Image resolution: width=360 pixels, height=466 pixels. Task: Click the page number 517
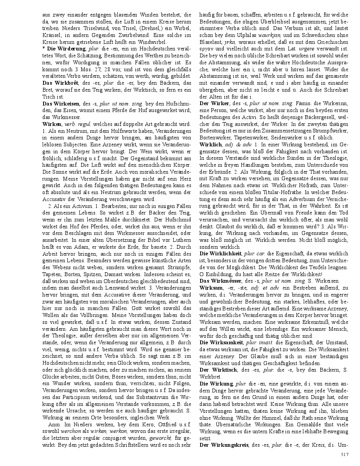point(345,454)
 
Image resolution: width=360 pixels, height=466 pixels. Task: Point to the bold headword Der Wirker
point(214,103)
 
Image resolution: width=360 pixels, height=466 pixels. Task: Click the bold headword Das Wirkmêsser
point(220,281)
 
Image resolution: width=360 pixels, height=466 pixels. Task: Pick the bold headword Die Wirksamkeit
point(221,342)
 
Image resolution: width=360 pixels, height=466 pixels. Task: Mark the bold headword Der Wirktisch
point(218,370)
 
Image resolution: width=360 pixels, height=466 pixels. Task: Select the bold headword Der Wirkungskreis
point(224,445)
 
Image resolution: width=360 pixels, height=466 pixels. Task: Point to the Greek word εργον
point(207,48)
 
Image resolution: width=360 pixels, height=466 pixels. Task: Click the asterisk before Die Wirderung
point(44,49)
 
